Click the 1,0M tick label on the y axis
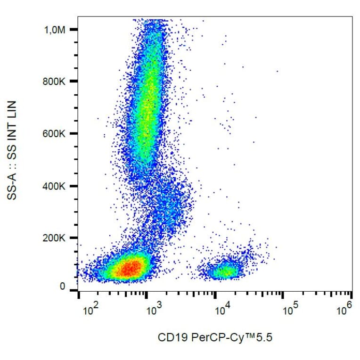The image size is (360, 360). pos(55,30)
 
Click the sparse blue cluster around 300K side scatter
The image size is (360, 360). pos(170,203)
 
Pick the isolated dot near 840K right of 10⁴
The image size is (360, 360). pos(277,71)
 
